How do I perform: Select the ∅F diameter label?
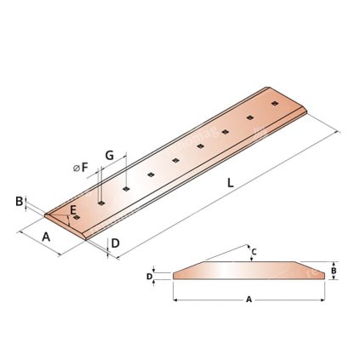click(x=81, y=169)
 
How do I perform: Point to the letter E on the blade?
click(x=74, y=209)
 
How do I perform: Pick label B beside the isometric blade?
click(x=19, y=201)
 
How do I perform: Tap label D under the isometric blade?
click(x=115, y=243)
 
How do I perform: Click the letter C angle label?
click(x=253, y=252)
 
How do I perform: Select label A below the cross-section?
click(x=249, y=300)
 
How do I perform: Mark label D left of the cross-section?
click(x=149, y=276)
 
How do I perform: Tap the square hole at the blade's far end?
click(x=274, y=103)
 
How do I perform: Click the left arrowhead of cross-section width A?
click(x=175, y=300)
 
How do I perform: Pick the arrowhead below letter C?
click(x=253, y=260)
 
